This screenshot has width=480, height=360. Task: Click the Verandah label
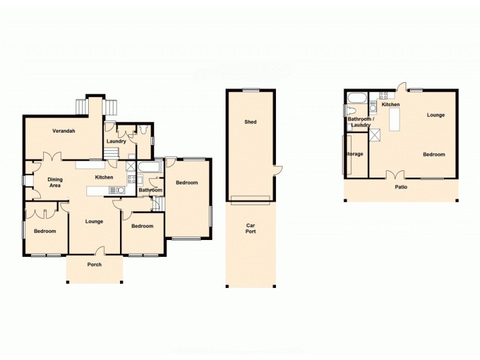click(63, 131)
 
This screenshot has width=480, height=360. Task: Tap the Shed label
click(250, 122)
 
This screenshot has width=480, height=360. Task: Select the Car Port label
click(251, 229)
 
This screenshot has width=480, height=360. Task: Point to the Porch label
click(94, 265)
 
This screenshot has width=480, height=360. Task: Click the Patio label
click(401, 187)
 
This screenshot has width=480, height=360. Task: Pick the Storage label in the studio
click(354, 154)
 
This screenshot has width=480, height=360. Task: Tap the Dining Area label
click(55, 182)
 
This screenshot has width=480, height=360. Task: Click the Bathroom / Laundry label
click(361, 122)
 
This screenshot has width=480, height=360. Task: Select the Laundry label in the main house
click(116, 142)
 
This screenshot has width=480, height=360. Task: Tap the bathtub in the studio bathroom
click(355, 97)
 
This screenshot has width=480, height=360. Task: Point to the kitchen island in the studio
click(394, 121)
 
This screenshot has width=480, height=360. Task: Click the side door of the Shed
click(277, 170)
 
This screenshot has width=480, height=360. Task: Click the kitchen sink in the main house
click(119, 190)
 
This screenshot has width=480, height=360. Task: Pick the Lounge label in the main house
click(94, 221)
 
